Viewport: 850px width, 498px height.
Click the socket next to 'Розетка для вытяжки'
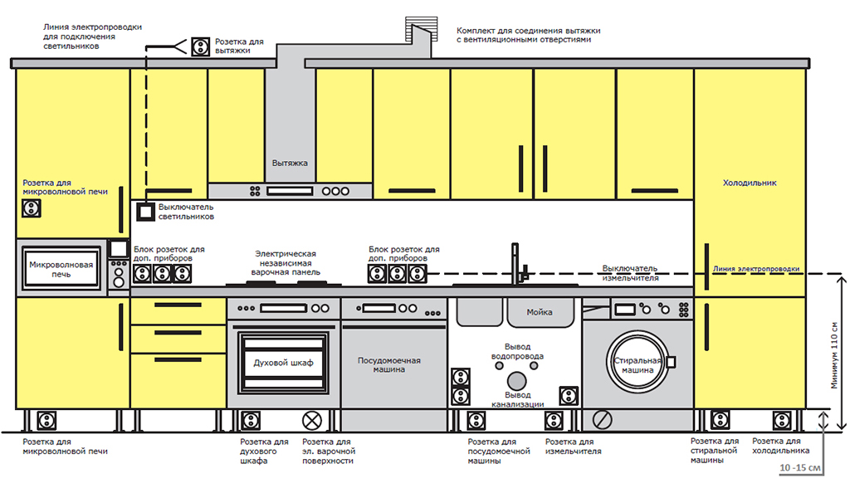click(x=199, y=46)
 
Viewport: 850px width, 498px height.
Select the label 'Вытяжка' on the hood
click(x=290, y=164)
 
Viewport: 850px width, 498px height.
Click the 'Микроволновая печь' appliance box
click(x=61, y=269)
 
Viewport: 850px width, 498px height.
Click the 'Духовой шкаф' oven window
click(x=282, y=363)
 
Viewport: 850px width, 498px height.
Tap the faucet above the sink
click(x=515, y=263)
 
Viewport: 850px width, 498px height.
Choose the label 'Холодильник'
click(x=750, y=183)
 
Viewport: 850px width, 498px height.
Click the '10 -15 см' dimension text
click(x=801, y=469)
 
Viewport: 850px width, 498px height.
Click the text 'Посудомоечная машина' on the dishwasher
click(x=388, y=365)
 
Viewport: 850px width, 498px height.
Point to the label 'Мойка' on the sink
click(x=539, y=312)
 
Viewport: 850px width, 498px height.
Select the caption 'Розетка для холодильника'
click(x=780, y=446)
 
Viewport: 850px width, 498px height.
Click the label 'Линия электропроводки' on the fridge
click(x=756, y=269)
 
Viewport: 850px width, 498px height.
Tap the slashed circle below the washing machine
click(x=603, y=420)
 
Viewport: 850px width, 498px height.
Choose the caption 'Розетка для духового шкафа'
click(x=264, y=452)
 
